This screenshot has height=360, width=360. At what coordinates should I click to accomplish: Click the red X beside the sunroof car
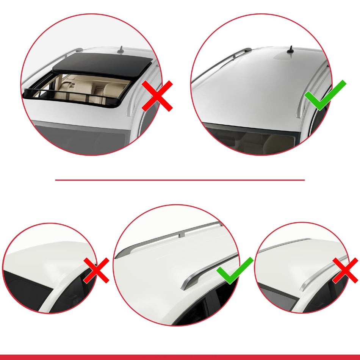157,95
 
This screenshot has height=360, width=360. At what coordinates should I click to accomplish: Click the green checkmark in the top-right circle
325,95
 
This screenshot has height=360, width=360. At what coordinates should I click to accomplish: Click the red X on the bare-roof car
97,270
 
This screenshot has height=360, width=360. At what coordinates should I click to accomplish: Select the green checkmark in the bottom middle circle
235,270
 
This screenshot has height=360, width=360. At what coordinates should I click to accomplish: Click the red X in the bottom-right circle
345,270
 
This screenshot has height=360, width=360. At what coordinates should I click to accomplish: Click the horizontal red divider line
180,180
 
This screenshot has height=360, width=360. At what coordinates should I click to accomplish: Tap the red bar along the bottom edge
180,357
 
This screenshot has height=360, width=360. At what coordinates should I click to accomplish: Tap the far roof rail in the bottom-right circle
284,246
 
